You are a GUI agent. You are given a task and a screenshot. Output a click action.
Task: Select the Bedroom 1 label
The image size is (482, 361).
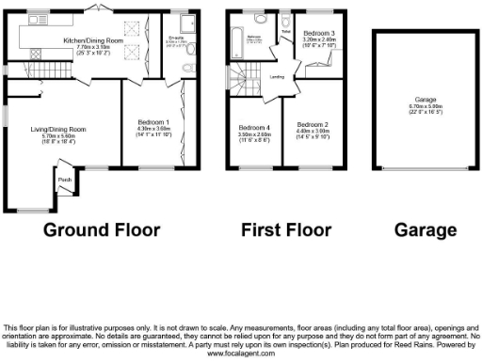(154, 123)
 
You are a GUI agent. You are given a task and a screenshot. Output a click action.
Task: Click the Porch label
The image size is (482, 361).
(65, 180)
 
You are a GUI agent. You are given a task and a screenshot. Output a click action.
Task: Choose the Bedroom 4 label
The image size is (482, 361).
(254, 128)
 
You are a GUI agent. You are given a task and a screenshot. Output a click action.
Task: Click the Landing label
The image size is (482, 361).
(278, 77)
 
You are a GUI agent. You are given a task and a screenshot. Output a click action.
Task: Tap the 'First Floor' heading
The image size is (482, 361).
(284, 230)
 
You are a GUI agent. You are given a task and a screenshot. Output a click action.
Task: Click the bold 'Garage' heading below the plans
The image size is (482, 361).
(420, 230)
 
